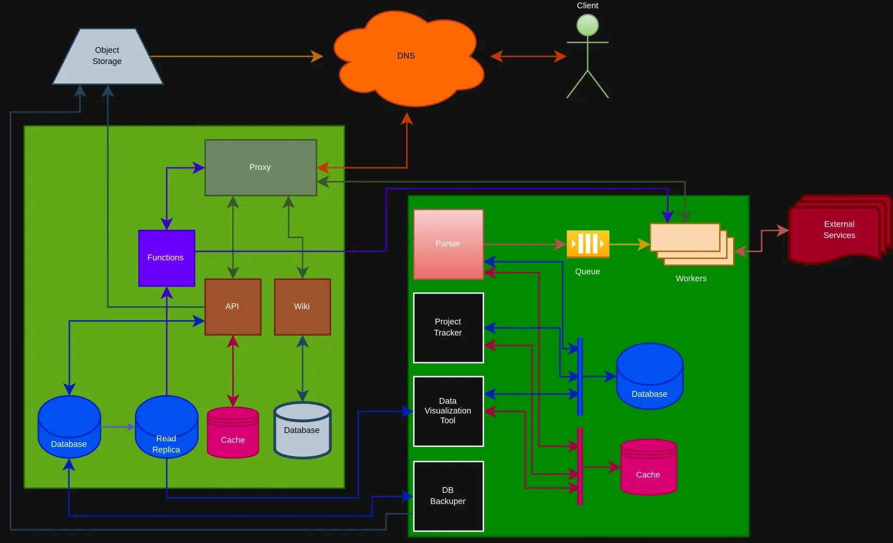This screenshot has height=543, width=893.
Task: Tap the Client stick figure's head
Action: tap(587, 25)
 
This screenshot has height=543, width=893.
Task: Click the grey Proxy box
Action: tap(260, 168)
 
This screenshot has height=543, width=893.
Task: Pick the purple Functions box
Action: tap(166, 258)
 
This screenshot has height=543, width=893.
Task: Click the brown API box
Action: tap(233, 307)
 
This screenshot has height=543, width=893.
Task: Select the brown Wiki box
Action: tap(302, 307)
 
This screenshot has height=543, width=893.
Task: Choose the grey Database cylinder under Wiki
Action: tap(302, 431)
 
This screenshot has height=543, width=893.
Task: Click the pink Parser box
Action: tap(448, 244)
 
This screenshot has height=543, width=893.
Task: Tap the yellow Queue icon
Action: tap(587, 244)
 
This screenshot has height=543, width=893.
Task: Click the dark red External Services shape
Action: tap(839, 230)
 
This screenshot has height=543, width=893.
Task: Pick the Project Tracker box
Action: tap(448, 328)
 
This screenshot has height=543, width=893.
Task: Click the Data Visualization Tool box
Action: tap(448, 411)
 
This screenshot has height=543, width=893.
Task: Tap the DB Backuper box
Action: tap(448, 496)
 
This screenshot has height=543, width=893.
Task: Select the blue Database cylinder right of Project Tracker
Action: tap(650, 378)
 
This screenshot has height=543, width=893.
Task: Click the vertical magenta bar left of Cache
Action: tap(580, 466)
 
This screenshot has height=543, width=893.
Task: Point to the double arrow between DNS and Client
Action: tap(528, 56)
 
